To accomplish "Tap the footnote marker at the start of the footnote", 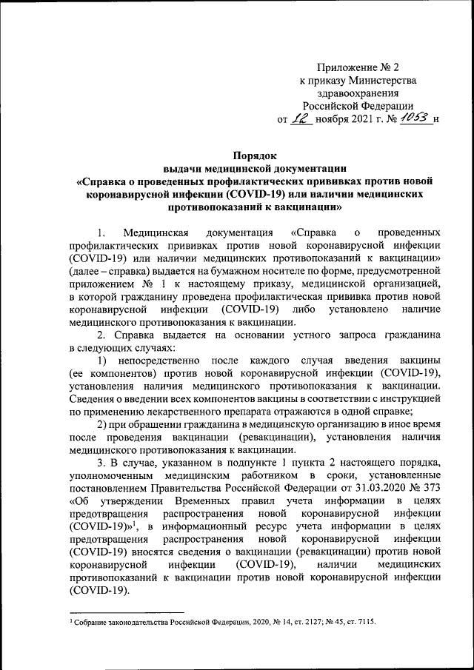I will tap(68, 620).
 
